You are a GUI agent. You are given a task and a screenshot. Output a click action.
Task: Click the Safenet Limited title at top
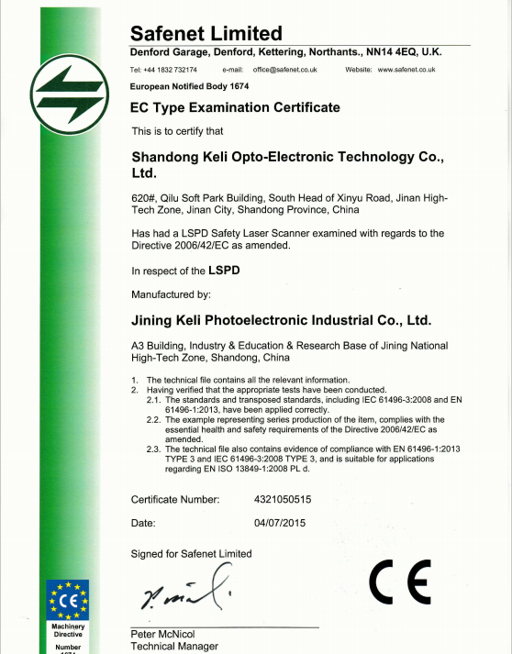click(x=206, y=33)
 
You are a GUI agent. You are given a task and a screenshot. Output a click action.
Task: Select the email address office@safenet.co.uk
click(x=290, y=70)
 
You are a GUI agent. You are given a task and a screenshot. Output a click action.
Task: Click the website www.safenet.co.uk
click(x=406, y=70)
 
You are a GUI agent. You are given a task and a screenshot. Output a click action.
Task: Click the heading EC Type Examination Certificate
click(x=236, y=107)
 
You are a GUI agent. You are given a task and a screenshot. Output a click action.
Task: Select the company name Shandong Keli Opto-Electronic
click(x=287, y=158)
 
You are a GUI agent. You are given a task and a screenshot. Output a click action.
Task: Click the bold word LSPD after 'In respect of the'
click(x=224, y=271)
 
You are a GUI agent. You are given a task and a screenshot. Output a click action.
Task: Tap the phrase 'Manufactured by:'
click(x=172, y=294)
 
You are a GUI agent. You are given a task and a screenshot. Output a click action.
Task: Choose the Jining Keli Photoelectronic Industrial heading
click(x=281, y=320)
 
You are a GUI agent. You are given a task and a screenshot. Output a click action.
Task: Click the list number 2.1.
click(x=154, y=400)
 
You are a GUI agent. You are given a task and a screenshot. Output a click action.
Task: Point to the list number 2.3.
click(x=154, y=448)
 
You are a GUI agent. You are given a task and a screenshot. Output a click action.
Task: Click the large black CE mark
click(x=399, y=582)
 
